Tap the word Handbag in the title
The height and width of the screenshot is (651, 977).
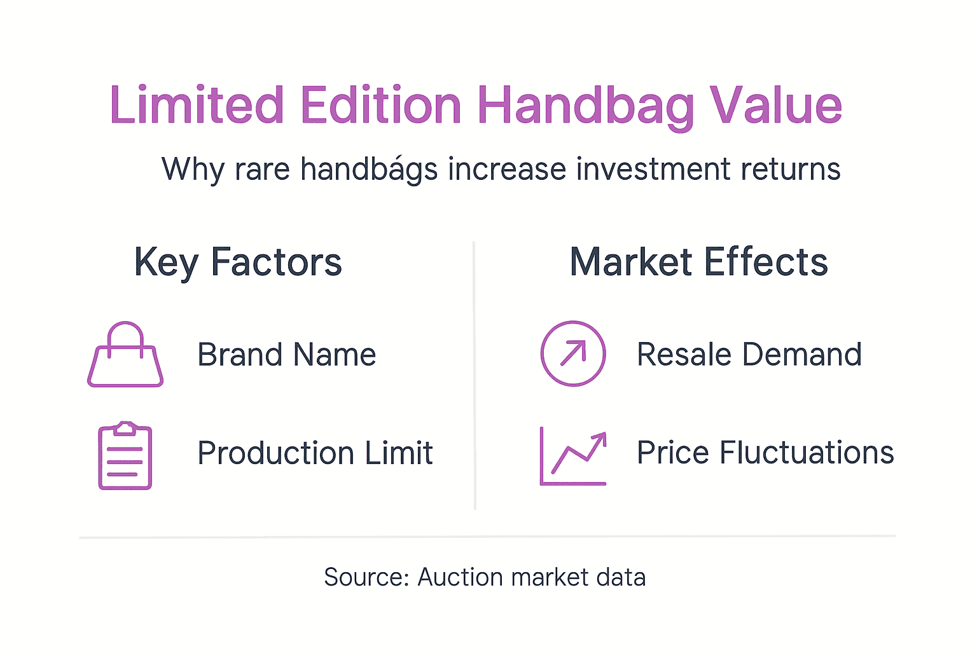click(586, 106)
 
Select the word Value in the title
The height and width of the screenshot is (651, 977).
click(775, 105)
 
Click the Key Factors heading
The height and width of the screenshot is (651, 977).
click(238, 263)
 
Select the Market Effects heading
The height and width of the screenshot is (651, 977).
click(698, 262)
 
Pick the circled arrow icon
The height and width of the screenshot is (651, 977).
click(572, 353)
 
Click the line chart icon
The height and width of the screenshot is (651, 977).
click(572, 456)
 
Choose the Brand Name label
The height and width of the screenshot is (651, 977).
click(287, 355)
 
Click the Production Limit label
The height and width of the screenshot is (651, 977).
click(315, 453)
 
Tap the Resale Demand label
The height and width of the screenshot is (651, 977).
click(749, 355)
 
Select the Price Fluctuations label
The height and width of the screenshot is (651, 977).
click(765, 453)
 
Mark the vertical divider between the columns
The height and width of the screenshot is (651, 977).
click(475, 375)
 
